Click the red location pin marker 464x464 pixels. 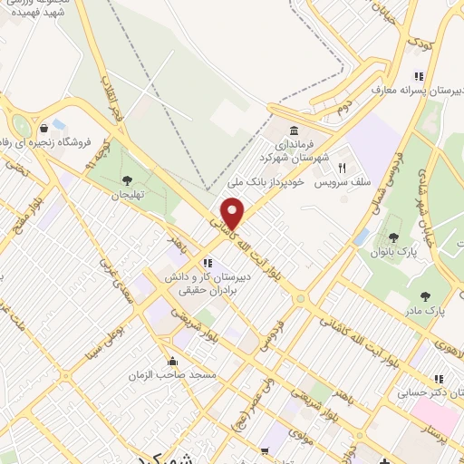(x=233, y=214)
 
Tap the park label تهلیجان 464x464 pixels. (x=128, y=195)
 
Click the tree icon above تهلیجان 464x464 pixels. (x=127, y=180)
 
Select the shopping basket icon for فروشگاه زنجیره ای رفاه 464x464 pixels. (x=43, y=128)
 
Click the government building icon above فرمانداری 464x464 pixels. (x=295, y=130)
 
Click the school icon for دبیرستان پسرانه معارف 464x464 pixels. (x=418, y=77)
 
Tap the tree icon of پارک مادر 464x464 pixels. (x=425, y=295)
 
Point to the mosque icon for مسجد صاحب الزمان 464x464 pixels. (x=173, y=359)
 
